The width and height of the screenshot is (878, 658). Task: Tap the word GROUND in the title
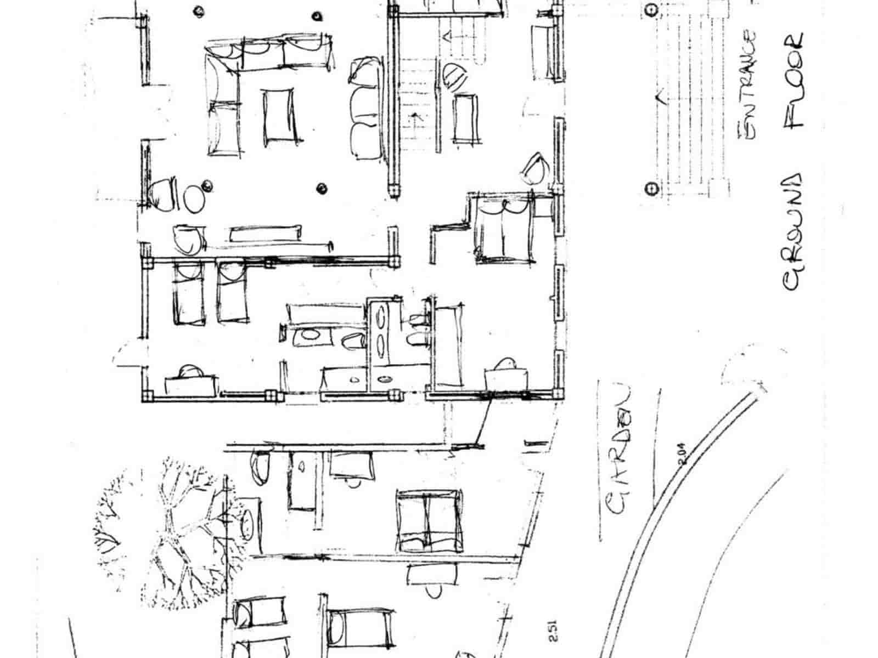792,233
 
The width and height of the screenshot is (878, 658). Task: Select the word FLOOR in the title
794,80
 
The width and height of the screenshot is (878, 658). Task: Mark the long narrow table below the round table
266,233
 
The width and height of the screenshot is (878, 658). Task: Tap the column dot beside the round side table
208,185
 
